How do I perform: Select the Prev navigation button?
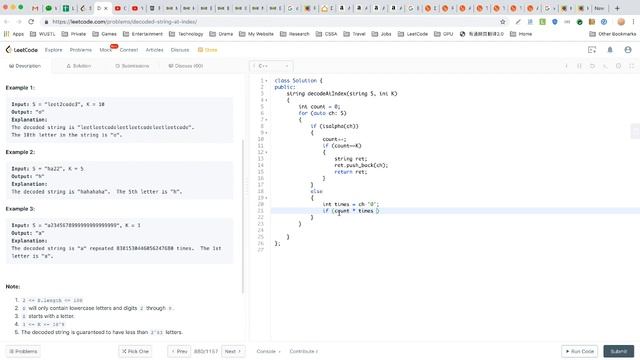(180, 351)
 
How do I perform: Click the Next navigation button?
(231, 351)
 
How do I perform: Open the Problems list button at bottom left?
(23, 351)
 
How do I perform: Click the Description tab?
(27, 66)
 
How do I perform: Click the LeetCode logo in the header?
(22, 48)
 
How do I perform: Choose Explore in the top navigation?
(53, 48)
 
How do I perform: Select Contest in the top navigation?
(129, 48)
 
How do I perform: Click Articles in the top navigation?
(155, 48)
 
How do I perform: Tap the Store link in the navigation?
(209, 48)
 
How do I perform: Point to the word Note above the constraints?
(13, 287)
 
